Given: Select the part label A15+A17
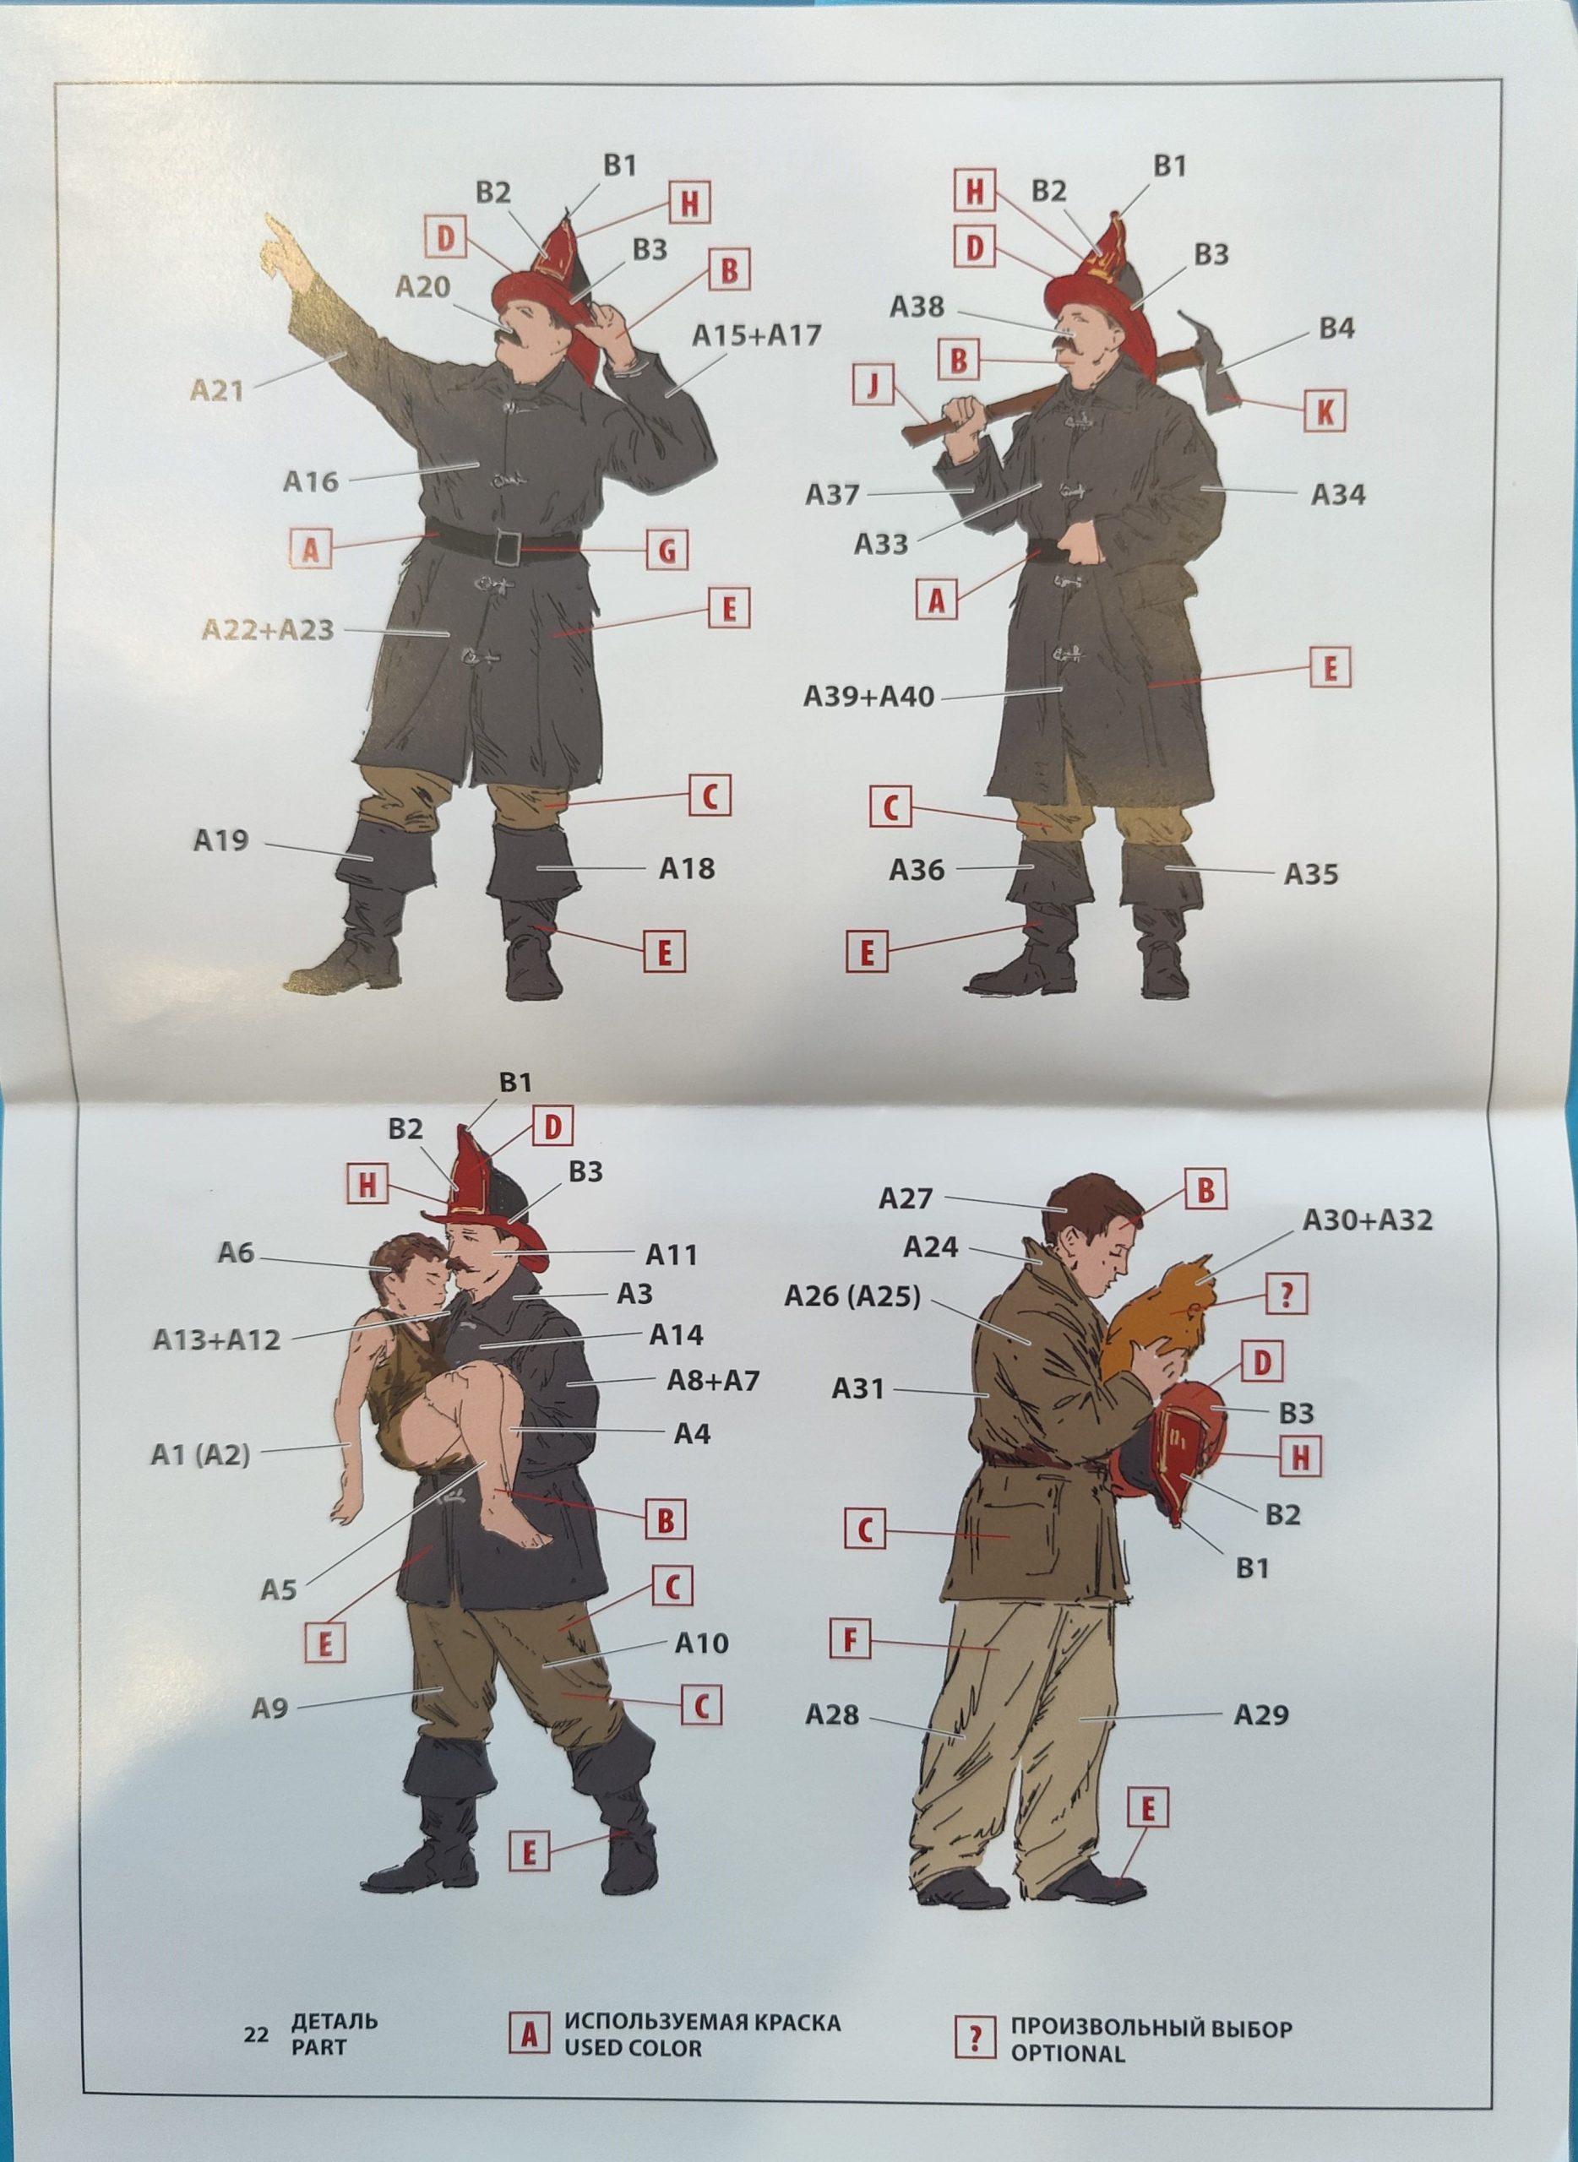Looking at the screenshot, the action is (x=757, y=336).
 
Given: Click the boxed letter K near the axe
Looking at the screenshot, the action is (x=1325, y=411).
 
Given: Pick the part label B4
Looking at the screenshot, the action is (x=1337, y=329).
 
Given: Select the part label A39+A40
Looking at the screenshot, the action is (x=869, y=697).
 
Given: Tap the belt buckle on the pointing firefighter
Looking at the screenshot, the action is (x=507, y=547).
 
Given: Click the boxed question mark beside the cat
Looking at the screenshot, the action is (x=1287, y=1295).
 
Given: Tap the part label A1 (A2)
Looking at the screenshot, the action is (x=200, y=1454).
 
